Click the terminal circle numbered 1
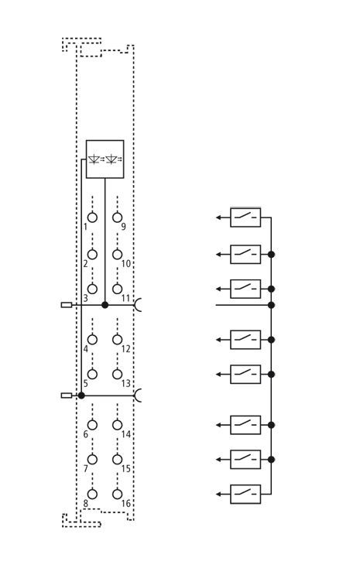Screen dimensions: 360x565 click(92, 217)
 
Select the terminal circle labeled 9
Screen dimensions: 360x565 click(117, 217)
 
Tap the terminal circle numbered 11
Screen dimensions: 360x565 click(117, 289)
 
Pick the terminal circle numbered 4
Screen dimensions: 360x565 click(92, 340)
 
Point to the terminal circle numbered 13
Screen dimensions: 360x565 click(117, 375)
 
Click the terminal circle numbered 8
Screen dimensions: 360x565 click(92, 495)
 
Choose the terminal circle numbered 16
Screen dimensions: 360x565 click(117, 495)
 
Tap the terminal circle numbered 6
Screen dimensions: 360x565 click(92, 425)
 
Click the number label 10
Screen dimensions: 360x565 click(125, 264)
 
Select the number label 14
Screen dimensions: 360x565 click(125, 434)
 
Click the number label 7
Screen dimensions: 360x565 click(85, 469)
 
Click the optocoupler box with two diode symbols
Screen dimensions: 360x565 click(105, 159)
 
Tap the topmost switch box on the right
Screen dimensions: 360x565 click(245, 217)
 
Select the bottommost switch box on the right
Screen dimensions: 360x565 click(245, 495)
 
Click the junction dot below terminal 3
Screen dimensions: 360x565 click(105, 305)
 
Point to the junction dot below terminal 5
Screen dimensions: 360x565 click(81, 395)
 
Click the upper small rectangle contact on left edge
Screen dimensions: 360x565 click(67, 305)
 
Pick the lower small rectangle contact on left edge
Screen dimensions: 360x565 click(67, 395)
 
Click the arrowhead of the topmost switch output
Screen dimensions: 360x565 click(218, 217)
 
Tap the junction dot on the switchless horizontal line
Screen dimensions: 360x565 click(271, 305)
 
